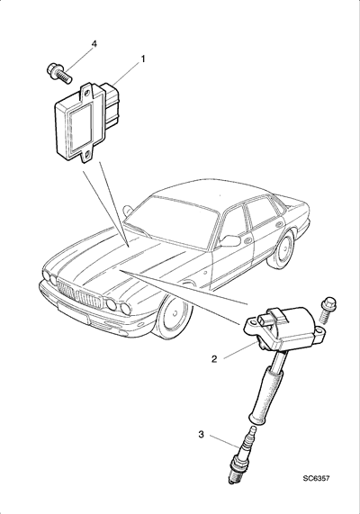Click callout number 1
[143, 59]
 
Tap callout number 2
[214, 359]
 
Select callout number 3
[201, 435]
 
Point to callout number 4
[94, 44]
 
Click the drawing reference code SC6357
[316, 488]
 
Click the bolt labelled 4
[59, 74]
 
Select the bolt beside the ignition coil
[326, 310]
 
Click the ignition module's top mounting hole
[87, 93]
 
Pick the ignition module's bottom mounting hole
[87, 155]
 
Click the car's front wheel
[174, 316]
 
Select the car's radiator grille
[82, 293]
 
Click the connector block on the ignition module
[112, 105]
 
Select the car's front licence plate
[73, 311]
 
